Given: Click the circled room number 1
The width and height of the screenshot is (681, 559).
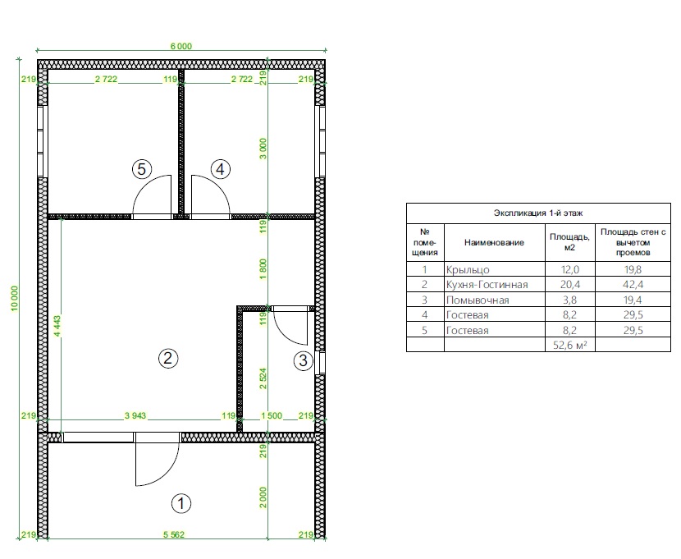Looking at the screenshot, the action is [x=181, y=504].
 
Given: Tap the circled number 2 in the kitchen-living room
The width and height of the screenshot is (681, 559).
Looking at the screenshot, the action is [x=168, y=359].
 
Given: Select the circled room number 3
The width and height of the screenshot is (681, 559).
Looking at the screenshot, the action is [x=303, y=360].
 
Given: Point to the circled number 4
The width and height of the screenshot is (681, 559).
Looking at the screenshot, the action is [x=220, y=169].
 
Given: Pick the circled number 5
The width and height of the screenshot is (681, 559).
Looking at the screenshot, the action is [x=142, y=169].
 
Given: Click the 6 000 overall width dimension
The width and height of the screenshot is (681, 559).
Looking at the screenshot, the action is [x=181, y=46].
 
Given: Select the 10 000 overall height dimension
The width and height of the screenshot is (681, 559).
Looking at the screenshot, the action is [x=15, y=298].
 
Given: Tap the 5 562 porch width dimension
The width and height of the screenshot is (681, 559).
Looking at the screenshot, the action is [x=174, y=534].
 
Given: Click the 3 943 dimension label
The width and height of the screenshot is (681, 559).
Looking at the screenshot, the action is [x=135, y=415].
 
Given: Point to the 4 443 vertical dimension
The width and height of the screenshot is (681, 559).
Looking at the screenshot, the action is [x=57, y=326].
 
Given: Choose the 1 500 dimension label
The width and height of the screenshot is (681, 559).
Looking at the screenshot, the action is [x=272, y=415].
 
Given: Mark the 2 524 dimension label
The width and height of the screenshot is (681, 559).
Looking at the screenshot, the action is [x=263, y=378].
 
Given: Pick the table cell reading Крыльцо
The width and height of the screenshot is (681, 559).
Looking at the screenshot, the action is [x=468, y=270].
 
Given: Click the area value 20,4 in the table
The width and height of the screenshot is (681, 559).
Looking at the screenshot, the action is [x=569, y=285].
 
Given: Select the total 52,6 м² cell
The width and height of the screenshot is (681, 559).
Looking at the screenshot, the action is [x=569, y=346].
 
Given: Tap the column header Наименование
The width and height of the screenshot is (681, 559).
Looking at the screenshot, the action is [x=494, y=242].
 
